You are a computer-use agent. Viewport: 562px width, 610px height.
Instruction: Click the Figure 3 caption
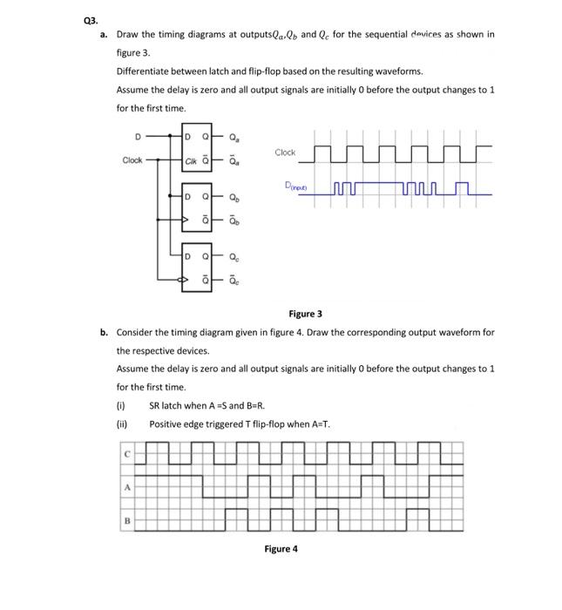pos(307,314)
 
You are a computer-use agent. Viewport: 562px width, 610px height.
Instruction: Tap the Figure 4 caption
pos(281,549)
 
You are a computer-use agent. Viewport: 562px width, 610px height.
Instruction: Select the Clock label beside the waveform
pos(285,152)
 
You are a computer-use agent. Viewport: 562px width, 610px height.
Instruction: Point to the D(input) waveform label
pos(295,186)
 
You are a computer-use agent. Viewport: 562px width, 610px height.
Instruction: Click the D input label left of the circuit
pos(137,136)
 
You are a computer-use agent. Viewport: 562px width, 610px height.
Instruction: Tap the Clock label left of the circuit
pos(132,160)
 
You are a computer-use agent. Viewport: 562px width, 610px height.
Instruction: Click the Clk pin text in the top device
pos(190,161)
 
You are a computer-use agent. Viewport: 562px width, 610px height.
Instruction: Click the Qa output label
pos(233,136)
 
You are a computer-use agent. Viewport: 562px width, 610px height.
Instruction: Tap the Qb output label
pos(233,196)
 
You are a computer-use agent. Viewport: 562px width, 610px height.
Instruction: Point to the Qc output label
pos(233,257)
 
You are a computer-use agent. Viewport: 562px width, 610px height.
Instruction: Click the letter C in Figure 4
pos(126,452)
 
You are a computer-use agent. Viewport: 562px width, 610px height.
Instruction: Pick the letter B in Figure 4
pos(126,521)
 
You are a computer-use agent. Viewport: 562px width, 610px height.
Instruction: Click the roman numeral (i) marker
pos(121,406)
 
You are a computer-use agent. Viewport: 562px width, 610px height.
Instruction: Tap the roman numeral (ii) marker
pos(122,424)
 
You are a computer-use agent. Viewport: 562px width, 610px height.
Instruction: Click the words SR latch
pos(167,406)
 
